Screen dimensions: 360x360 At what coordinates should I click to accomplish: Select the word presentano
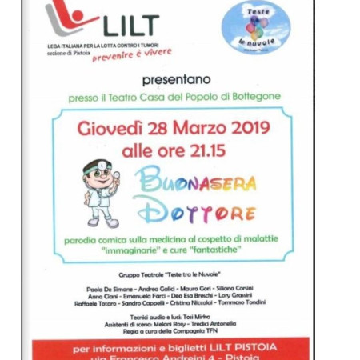(176, 80)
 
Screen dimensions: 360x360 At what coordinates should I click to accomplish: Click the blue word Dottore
(197, 213)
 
